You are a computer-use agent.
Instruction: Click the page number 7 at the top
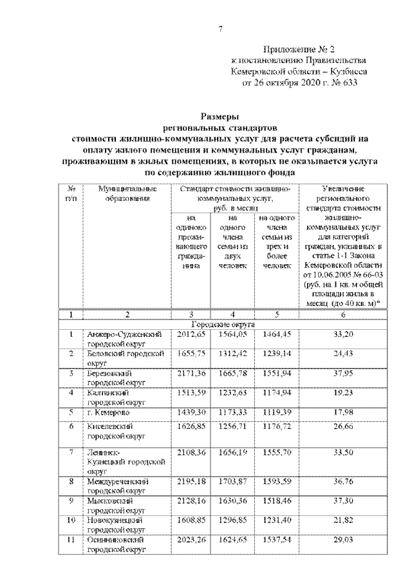tap(220, 28)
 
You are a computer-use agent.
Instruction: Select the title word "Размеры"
tap(220, 117)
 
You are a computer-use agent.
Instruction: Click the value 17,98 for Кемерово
tap(343, 412)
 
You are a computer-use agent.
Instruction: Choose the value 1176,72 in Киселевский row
tap(277, 426)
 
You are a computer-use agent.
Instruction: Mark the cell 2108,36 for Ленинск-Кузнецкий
tap(189, 454)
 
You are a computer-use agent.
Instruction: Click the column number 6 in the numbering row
tap(343, 314)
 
